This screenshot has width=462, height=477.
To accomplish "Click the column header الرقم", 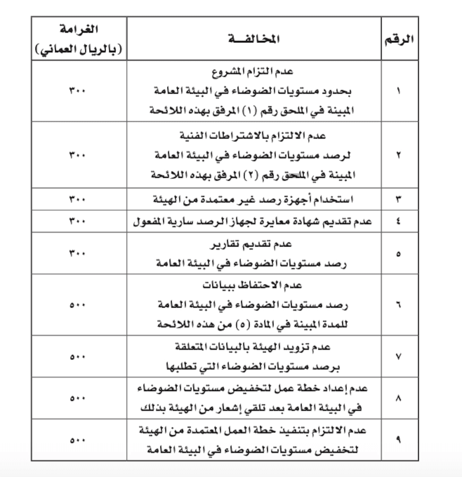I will (x=399, y=39).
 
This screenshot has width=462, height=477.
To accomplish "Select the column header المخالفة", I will (x=254, y=39).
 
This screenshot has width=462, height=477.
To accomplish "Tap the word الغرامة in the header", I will (x=79, y=29).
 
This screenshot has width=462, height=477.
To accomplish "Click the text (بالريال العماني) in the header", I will (x=79, y=50).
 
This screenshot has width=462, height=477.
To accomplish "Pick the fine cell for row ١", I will (x=77, y=91).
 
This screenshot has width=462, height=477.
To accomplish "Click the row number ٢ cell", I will (x=398, y=155).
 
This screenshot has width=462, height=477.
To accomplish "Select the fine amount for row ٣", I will (x=77, y=199).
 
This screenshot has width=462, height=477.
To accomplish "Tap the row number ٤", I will (x=398, y=221).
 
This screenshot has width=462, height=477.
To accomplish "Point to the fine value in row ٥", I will (x=77, y=253).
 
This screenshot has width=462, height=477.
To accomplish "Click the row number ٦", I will (x=398, y=305).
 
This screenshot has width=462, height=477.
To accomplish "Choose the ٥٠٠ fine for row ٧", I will (x=77, y=357).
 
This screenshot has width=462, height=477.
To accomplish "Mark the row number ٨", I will (x=398, y=398).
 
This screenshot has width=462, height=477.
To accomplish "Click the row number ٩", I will (x=398, y=440).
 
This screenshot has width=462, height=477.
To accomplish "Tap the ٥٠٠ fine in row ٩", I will (x=77, y=440).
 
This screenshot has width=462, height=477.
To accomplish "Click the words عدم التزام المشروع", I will (x=252, y=71).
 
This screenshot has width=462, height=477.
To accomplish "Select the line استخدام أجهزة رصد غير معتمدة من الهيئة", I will (x=253, y=199).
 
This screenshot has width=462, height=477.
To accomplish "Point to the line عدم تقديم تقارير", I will (x=251, y=244).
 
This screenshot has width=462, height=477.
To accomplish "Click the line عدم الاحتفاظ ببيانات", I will (x=252, y=285).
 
